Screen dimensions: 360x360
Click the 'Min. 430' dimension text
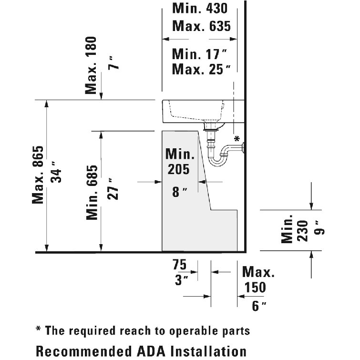(x=200, y=9)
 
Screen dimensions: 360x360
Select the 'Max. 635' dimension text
(x=201, y=26)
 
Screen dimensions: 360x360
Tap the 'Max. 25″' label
(x=201, y=69)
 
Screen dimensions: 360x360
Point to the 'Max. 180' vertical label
(x=91, y=65)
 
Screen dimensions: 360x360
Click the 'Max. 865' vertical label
(x=38, y=175)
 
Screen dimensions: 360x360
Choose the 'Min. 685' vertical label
(x=92, y=193)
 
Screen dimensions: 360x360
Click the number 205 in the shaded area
(x=179, y=169)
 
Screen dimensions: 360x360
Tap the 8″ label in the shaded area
(x=180, y=192)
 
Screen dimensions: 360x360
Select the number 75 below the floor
(x=180, y=265)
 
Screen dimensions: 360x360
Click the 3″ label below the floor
(x=181, y=280)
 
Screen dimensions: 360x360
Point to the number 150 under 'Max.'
(x=255, y=287)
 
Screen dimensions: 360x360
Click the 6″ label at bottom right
(x=259, y=306)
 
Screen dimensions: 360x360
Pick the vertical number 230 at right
(x=302, y=231)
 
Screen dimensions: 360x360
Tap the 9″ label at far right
(x=320, y=228)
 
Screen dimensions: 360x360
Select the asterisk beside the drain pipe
(x=237, y=138)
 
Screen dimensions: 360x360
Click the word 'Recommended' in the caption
(x=84, y=351)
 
